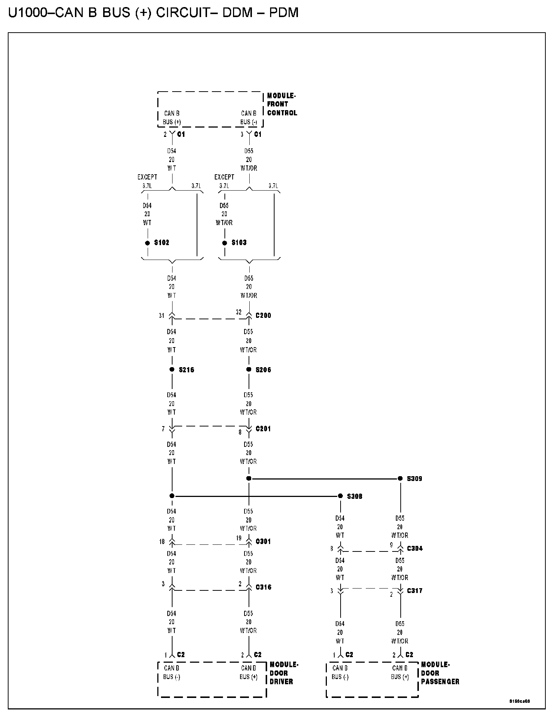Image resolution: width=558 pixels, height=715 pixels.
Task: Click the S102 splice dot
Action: tap(147, 243)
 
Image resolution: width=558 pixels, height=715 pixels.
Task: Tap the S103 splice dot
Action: tap(224, 243)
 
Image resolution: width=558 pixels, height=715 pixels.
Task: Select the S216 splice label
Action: tap(186, 370)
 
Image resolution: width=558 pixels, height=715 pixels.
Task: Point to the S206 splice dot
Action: tap(249, 369)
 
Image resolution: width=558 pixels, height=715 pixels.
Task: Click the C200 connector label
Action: tap(263, 316)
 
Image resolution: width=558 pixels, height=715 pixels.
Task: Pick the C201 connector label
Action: tap(263, 429)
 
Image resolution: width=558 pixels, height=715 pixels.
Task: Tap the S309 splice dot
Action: tap(400, 478)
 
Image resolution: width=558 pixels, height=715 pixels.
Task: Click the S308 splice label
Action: tap(355, 496)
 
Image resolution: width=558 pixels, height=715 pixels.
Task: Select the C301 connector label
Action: tap(263, 541)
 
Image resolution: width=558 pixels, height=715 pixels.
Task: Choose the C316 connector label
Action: tap(263, 587)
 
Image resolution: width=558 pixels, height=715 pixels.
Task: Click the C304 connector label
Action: tap(415, 548)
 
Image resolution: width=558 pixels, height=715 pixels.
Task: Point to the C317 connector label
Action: tap(415, 591)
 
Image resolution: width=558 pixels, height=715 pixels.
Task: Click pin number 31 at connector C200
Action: tap(161, 316)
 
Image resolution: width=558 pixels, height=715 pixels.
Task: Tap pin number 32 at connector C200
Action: tap(239, 312)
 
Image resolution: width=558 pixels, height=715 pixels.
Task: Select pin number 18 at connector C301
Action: tap(162, 542)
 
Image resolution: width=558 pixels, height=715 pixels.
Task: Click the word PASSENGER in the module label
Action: tap(440, 682)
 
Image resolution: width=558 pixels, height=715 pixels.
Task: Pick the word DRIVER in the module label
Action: tap(281, 682)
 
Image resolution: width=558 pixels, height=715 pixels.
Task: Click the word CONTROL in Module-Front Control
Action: tap(282, 113)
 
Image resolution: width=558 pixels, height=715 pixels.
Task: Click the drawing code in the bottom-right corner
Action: tap(519, 701)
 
